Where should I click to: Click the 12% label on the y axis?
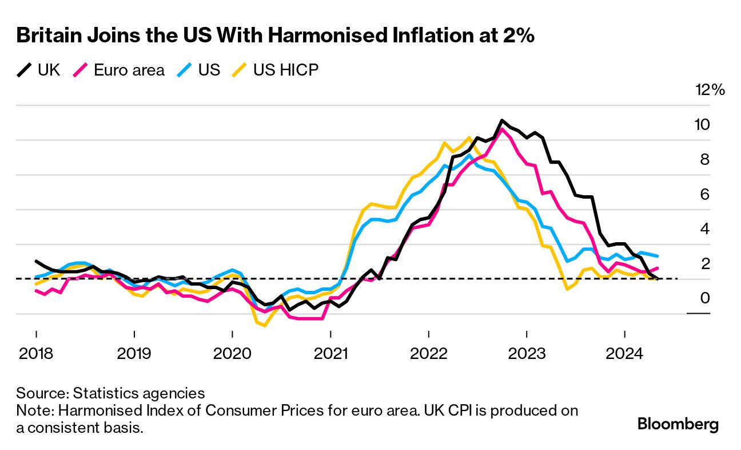click(710, 90)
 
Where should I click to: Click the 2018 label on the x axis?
click(36, 353)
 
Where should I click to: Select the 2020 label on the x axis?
click(232, 353)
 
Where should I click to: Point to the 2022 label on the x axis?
click(428, 353)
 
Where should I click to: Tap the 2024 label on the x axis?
click(624, 353)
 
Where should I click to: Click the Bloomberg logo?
click(678, 425)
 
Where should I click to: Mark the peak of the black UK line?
click(501, 121)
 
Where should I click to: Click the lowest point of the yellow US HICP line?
click(264, 326)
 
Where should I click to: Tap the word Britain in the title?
click(49, 35)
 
